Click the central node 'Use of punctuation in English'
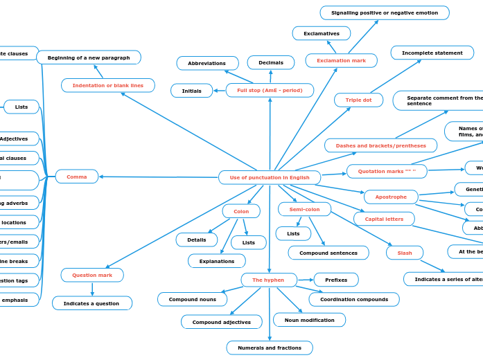[270, 177]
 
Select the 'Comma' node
[77, 177]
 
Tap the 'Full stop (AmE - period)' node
[270, 90]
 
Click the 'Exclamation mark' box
[341, 61]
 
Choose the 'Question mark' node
[92, 275]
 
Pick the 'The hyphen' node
[268, 280]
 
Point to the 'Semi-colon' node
[304, 209]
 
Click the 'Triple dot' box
[358, 100]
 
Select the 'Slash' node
[405, 253]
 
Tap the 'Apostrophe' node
[391, 197]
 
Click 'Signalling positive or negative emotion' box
[384, 12]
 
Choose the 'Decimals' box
[271, 62]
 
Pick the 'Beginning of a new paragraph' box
[89, 57]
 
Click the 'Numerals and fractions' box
[270, 348]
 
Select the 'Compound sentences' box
[328, 253]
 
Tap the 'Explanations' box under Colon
[217, 261]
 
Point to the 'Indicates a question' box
[91, 303]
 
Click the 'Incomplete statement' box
[432, 53]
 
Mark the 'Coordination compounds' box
[354, 299]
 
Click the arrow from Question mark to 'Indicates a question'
[92, 289]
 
